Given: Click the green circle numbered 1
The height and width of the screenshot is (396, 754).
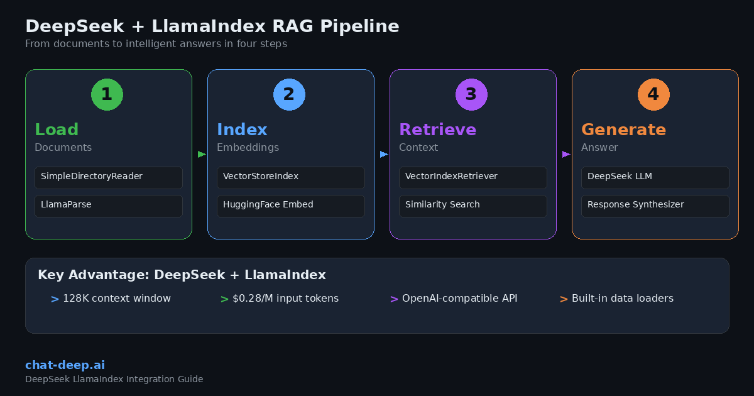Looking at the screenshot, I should click(x=107, y=95).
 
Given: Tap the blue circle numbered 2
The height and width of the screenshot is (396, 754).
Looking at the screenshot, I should click(x=289, y=95).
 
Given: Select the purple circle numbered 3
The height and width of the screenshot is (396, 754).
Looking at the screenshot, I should click(x=471, y=95).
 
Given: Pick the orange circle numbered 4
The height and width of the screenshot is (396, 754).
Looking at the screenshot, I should click(x=653, y=95).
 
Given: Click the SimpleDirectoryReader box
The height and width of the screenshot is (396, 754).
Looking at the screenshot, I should click(x=108, y=177).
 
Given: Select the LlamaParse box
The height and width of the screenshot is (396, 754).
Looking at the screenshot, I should click(x=108, y=206).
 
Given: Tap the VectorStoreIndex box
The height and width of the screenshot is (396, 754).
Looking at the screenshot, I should click(x=290, y=177).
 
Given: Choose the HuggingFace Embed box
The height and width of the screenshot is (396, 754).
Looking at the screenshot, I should click(x=290, y=206).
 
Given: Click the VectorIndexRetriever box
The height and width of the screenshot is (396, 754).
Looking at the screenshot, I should click(x=473, y=177).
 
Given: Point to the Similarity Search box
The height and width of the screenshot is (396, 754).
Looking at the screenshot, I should click(x=473, y=206).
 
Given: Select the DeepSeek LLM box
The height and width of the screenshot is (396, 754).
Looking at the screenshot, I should click(x=655, y=177).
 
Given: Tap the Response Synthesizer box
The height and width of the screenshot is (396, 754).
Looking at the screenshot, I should click(x=655, y=206).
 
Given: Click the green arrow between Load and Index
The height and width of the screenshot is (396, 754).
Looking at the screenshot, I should click(x=202, y=154).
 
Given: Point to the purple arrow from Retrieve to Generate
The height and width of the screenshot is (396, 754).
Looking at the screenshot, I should click(x=566, y=154).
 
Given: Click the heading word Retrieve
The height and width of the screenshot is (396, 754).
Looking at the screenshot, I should click(x=437, y=129).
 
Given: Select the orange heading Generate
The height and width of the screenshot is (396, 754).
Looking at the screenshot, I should click(x=623, y=129).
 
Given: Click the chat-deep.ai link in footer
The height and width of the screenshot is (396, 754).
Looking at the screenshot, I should click(x=65, y=365).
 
